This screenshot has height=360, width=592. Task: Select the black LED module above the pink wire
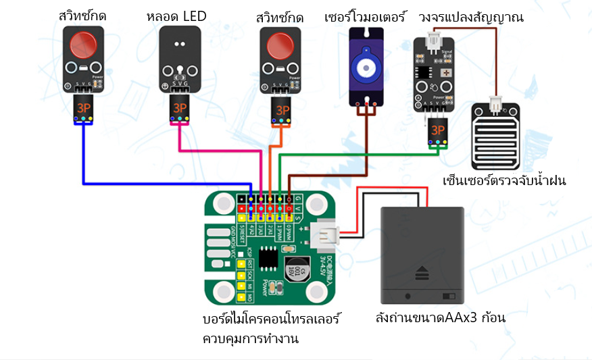(x=180, y=59)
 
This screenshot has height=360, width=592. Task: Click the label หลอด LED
(x=175, y=16)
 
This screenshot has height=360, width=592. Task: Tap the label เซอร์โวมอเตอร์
(x=366, y=16)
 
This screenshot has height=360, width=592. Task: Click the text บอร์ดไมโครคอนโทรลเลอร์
(x=271, y=317)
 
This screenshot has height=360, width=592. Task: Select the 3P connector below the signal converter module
(x=438, y=130)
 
